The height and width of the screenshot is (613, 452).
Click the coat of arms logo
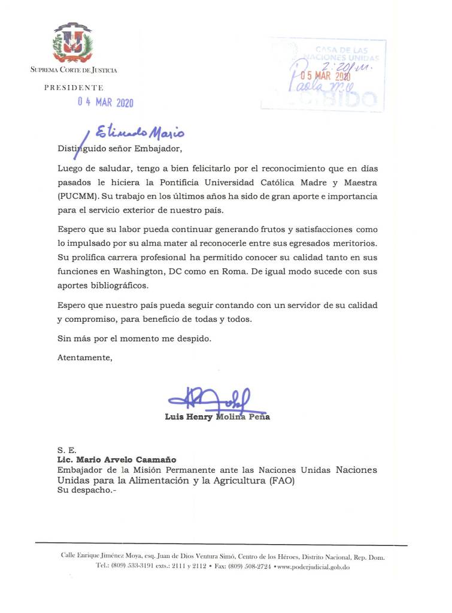(73, 44)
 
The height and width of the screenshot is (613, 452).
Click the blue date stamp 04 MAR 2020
(105, 102)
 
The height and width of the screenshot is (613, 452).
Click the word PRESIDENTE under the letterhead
(74, 87)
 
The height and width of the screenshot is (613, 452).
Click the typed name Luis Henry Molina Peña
(217, 417)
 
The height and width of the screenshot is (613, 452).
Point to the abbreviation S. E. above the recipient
(65, 449)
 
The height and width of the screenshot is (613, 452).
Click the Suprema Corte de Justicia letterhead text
(74, 70)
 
